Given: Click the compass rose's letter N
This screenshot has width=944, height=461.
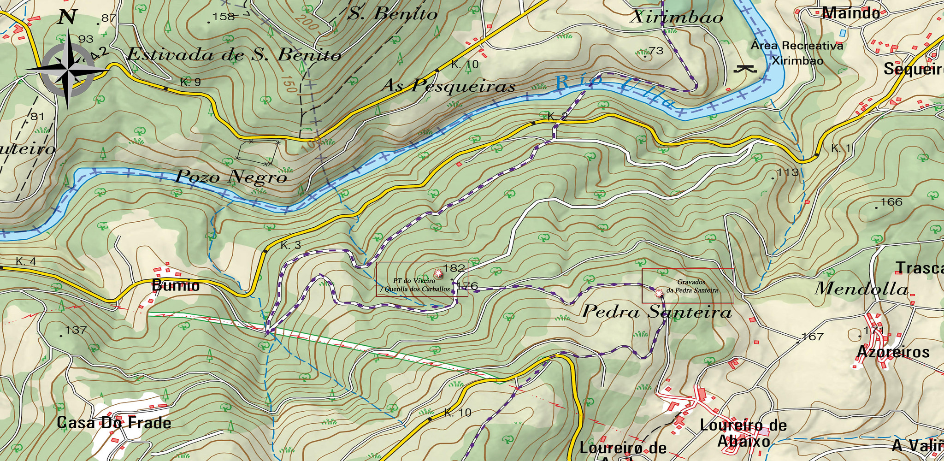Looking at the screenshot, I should coord(67,18).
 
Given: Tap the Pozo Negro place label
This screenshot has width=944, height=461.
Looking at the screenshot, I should coord(231,177).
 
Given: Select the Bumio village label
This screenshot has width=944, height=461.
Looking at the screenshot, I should coord(176,286).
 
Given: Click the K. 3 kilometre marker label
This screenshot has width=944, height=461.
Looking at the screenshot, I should coord(291,245).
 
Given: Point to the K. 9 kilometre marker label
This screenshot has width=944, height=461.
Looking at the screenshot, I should coord(191,83).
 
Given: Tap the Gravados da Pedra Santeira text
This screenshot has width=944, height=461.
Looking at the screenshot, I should coord(692,286).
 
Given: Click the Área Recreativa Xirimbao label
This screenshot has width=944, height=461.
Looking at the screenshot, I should coord(797,53).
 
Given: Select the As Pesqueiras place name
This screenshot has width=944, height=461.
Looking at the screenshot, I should coord(448,86).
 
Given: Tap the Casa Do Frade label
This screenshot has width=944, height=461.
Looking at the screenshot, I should coord(114,423).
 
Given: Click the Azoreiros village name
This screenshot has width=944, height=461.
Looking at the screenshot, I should coord(893,352).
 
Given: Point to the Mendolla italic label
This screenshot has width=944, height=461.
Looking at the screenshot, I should coord(861,289).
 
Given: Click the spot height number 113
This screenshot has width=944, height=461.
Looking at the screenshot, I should coord(787,172).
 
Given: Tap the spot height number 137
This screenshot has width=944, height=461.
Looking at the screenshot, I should coord(76,330).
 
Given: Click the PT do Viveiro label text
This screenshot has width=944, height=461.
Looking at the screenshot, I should coord(414,280).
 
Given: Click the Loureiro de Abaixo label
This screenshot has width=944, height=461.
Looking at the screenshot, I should coord(743,433).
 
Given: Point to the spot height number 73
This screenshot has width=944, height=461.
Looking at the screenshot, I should coord(656,51).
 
